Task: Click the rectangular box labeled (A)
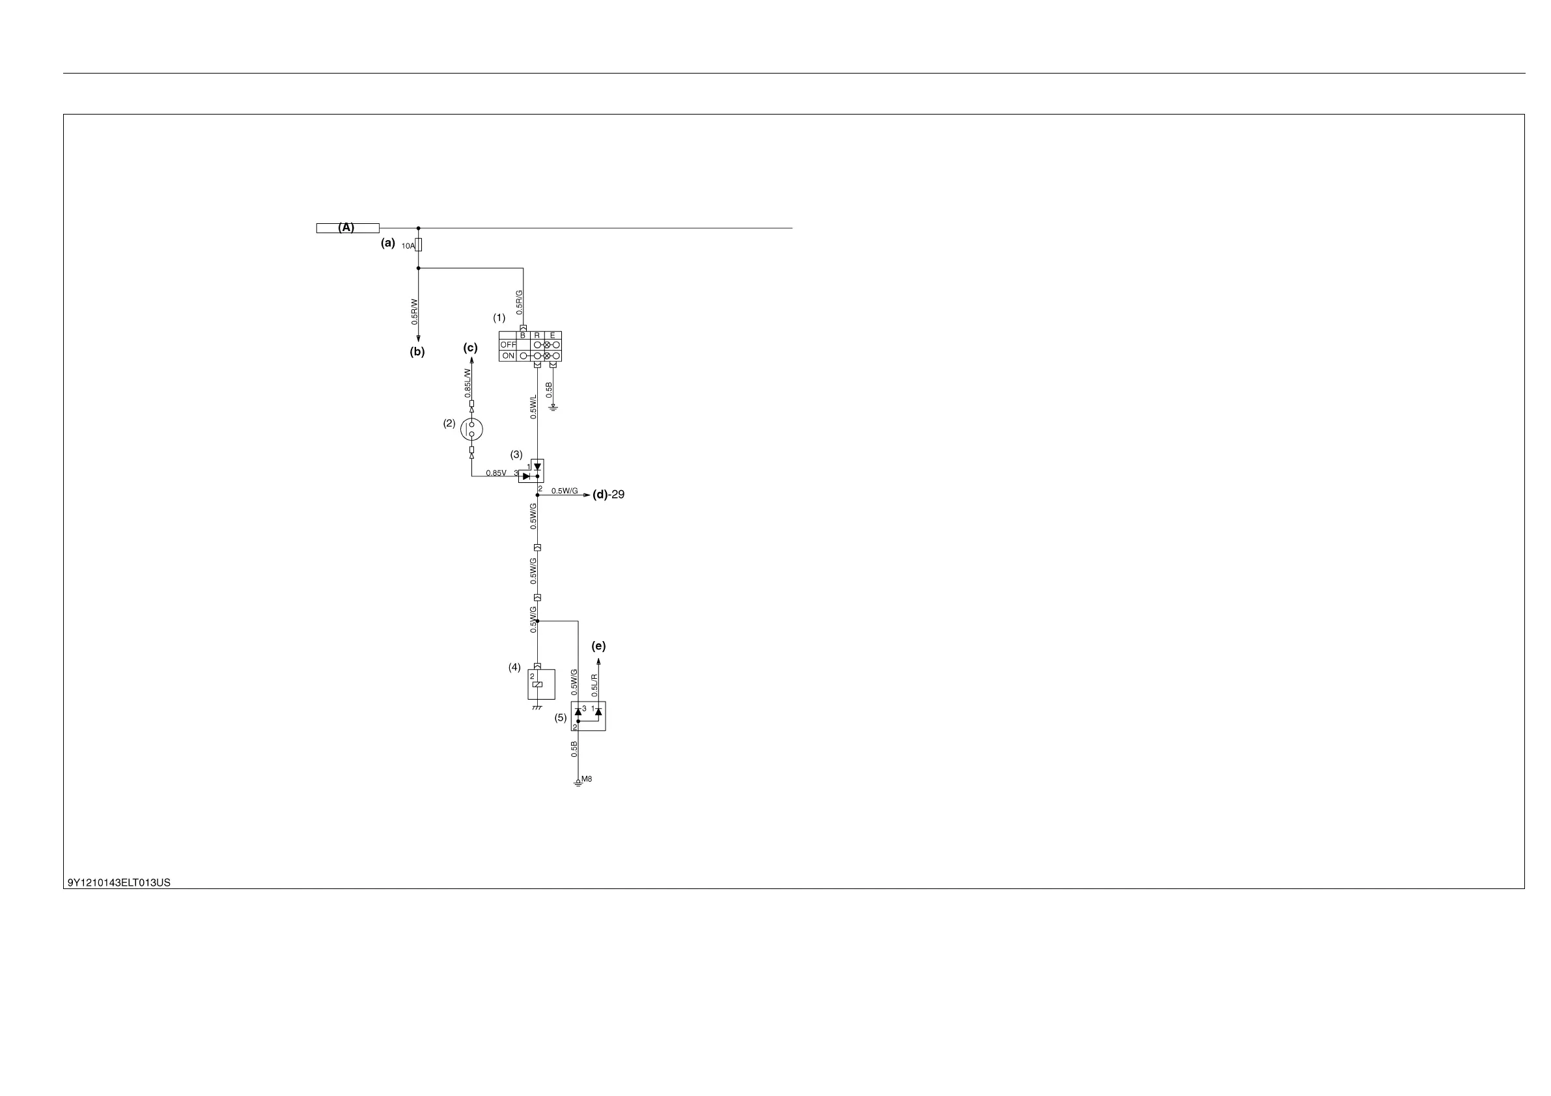[347, 228]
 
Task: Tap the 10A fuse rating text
[408, 247]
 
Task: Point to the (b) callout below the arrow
[417, 352]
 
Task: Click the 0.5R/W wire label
[415, 312]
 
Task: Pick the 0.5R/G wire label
[520, 303]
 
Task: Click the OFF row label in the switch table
[508, 345]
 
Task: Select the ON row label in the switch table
[508, 356]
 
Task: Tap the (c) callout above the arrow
[470, 348]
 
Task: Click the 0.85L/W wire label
[468, 382]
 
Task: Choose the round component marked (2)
[471, 429]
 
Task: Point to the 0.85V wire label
[496, 473]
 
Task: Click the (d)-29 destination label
[608, 495]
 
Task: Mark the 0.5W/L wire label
[534, 407]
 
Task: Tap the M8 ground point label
[587, 779]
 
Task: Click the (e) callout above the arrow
[598, 646]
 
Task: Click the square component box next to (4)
[541, 684]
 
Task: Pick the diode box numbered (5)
[589, 717]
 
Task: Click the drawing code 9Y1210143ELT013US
[119, 883]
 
